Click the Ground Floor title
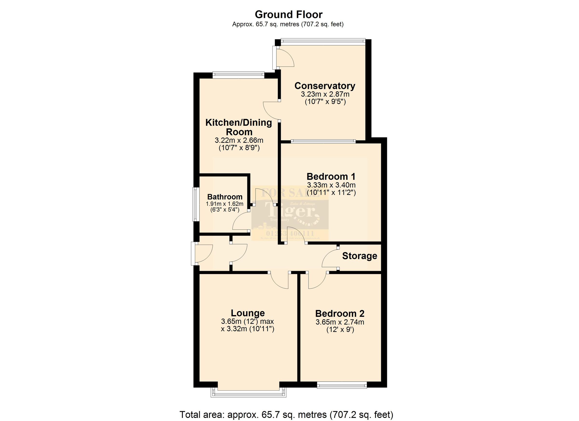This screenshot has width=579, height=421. click(x=289, y=14)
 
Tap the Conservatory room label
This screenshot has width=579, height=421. click(x=325, y=86)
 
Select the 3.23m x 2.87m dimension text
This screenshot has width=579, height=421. click(x=325, y=94)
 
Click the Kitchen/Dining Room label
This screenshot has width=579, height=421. click(x=239, y=127)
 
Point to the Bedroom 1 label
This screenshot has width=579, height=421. click(x=331, y=176)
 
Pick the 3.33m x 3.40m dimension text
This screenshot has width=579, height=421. click(x=331, y=185)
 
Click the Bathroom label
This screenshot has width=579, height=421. click(x=225, y=197)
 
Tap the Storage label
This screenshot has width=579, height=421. click(x=359, y=256)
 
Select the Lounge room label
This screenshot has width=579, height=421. click(x=248, y=313)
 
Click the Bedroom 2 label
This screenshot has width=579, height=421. click(x=340, y=313)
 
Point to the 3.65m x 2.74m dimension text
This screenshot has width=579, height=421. click(x=340, y=322)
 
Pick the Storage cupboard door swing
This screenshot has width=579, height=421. click(x=329, y=258)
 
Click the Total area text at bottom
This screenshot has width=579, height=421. click(x=286, y=414)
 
